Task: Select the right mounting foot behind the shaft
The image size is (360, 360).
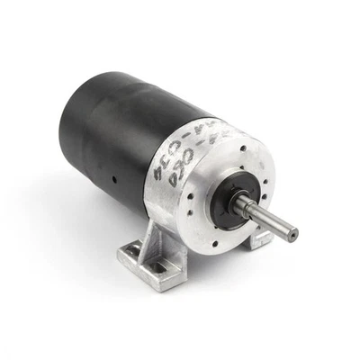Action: click(262, 238)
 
